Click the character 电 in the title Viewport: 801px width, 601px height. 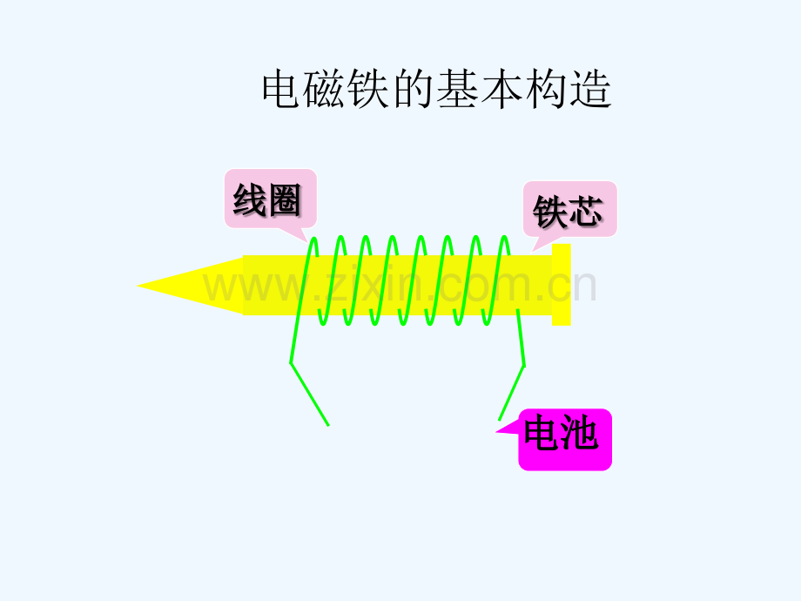point(280,89)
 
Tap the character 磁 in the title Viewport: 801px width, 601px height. point(324,89)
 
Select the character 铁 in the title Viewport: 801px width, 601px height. point(367,89)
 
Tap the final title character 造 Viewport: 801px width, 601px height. point(590,89)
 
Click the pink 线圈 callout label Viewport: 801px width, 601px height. point(271,199)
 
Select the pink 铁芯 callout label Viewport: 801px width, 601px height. point(570,209)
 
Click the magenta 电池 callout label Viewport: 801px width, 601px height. point(565,439)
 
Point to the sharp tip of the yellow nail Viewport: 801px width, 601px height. point(137,286)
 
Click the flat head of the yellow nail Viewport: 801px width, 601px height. point(561,285)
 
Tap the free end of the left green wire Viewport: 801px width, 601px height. point(328,425)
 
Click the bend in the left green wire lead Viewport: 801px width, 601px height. point(291,363)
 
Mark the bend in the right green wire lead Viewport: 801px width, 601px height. point(524,366)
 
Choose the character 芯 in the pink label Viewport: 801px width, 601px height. point(585,211)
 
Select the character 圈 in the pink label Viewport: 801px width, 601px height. point(285,199)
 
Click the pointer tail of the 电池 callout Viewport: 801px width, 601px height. point(496,432)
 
